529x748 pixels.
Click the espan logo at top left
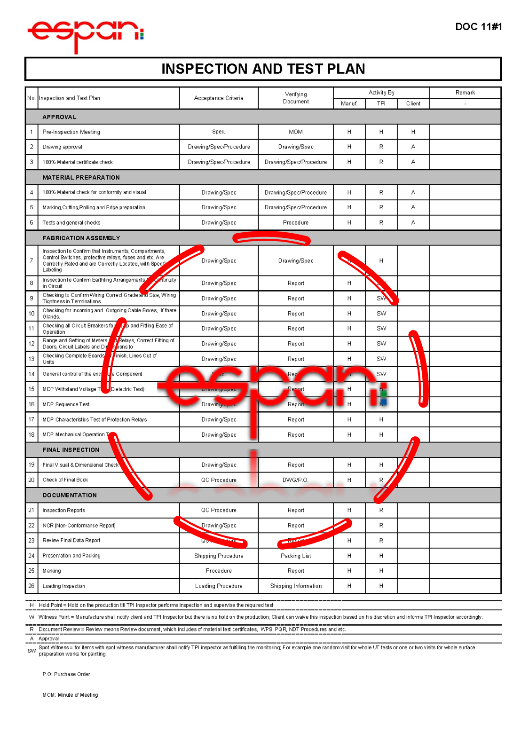85,34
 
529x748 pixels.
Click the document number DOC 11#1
478,27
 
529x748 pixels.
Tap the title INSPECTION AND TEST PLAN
263,69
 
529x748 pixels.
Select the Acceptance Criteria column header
219,98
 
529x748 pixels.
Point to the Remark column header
465,93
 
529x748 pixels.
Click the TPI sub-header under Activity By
381,103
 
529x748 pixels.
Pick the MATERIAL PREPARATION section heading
81,178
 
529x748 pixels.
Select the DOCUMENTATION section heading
70,495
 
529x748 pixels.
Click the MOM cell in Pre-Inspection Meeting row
296,132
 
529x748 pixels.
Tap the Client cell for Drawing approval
413,147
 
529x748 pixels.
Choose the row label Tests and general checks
71,223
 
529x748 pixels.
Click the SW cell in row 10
381,314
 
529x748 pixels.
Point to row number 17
32,420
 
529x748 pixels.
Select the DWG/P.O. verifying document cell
296,480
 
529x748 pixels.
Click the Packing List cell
296,556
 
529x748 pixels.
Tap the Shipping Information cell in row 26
296,586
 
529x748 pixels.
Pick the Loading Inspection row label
64,586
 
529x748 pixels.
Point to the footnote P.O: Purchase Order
66,674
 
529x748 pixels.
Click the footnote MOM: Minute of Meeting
70,695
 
